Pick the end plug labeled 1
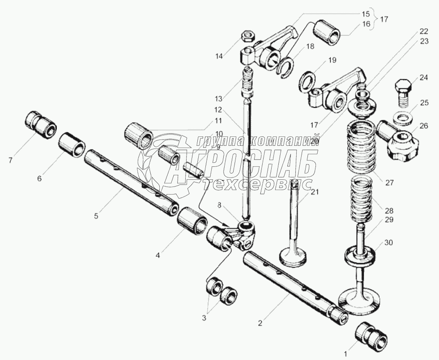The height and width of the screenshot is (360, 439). coord(372,337)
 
